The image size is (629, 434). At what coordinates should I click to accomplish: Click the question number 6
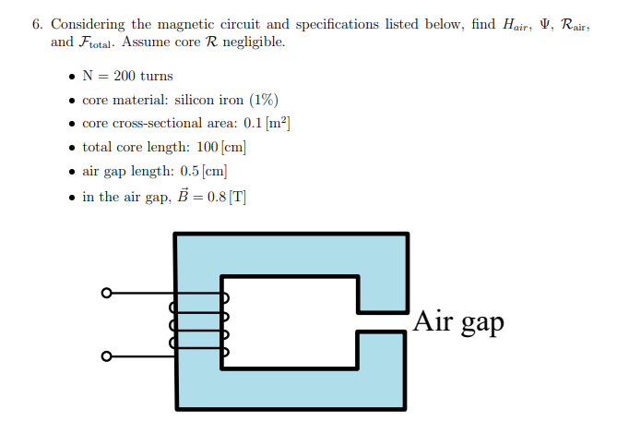pos(36,24)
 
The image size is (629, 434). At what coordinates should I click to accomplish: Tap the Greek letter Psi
pos(550,24)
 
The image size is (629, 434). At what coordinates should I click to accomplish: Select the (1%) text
pos(261,100)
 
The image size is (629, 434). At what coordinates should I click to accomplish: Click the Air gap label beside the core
pos(458,321)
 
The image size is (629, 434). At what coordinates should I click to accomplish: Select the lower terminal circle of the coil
pos(106,356)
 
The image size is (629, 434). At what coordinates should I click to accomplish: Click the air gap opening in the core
pos(382,321)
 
